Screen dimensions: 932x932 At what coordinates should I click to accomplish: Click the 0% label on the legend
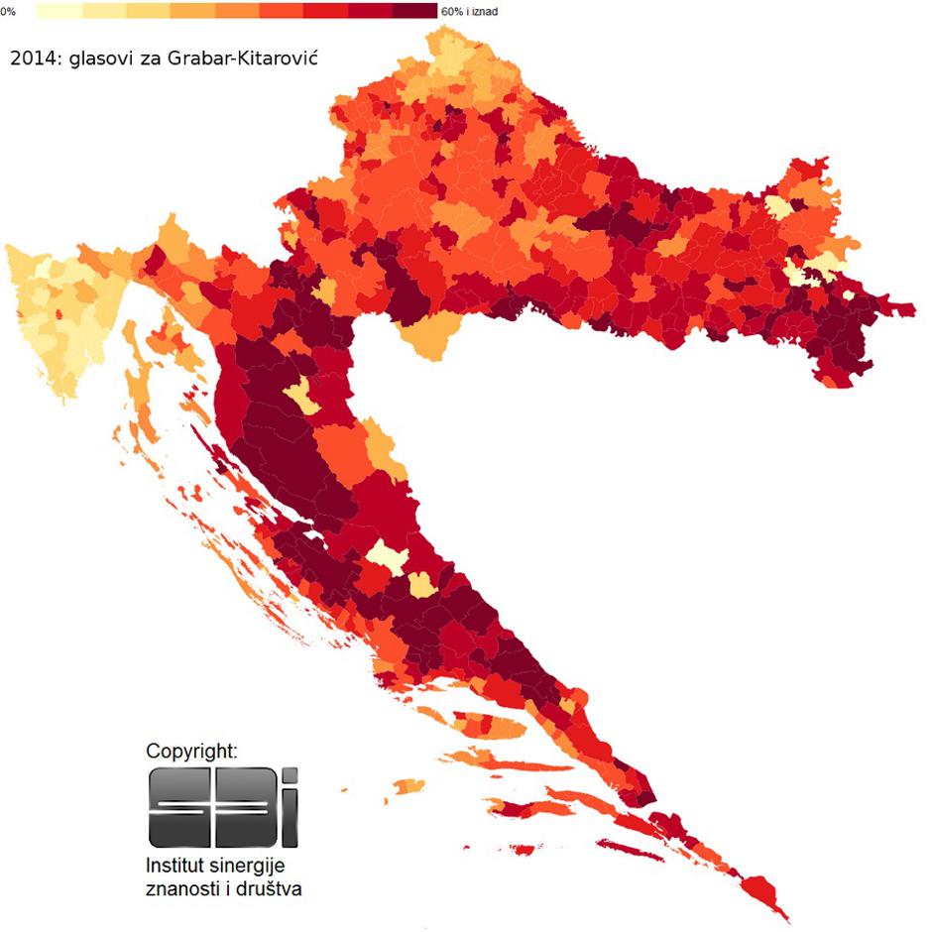pos(8,12)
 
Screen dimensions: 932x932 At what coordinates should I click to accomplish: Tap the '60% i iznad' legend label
pos(469,12)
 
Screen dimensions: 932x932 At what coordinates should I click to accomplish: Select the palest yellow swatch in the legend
pos(58,11)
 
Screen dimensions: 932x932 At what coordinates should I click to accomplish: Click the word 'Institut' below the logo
pos(175,866)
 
